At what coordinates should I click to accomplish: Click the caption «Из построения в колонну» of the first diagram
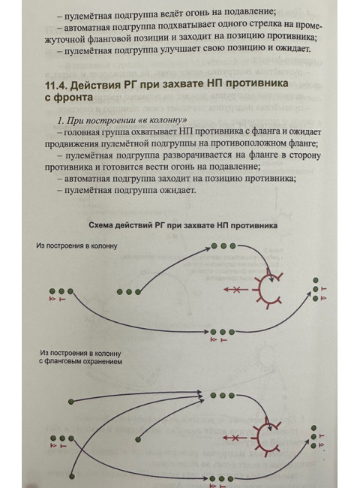pos(77,246)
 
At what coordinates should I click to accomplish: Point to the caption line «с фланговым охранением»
pos(80,360)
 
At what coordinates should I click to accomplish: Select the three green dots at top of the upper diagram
pos(223,246)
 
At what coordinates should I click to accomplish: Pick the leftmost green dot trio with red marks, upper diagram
pos(61,291)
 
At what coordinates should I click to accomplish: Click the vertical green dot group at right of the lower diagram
pos(315,440)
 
